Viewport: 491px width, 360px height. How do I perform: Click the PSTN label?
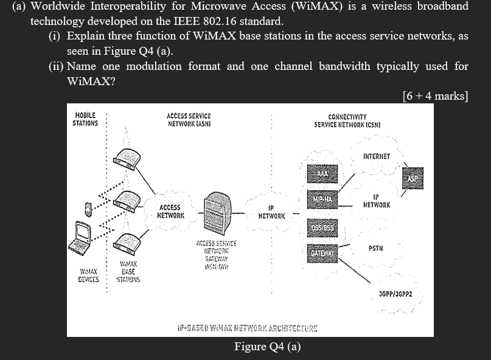(375, 248)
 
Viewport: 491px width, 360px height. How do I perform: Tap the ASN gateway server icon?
(217, 210)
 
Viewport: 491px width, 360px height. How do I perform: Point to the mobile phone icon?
(88, 209)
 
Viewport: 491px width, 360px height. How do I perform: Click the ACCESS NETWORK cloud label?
(171, 212)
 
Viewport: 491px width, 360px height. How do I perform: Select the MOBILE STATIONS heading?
(85, 119)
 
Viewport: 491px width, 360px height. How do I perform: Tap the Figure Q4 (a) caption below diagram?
(268, 347)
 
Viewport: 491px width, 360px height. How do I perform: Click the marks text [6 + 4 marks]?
(435, 95)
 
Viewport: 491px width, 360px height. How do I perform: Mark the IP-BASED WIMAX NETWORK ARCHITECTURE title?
(247, 329)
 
